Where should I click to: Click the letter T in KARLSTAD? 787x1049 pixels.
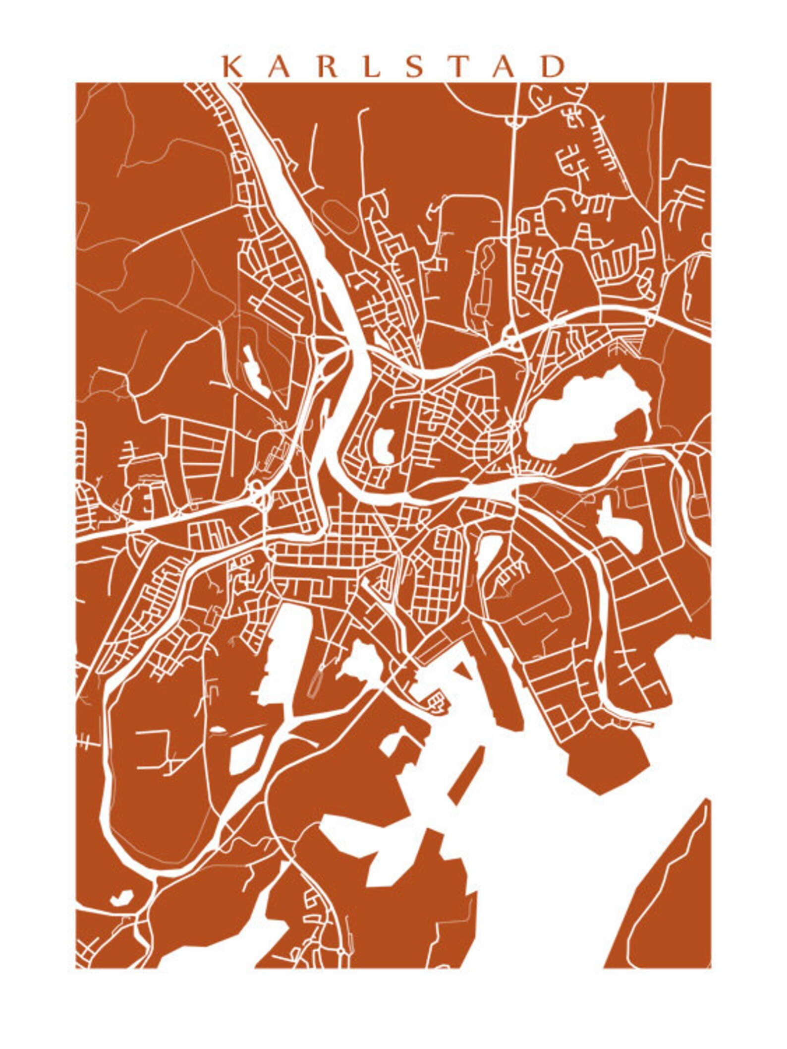(457, 66)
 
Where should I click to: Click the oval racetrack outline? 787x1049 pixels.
(339, 217)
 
